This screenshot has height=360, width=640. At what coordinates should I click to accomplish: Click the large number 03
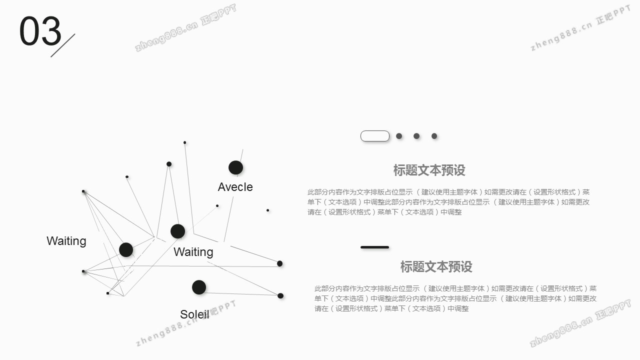point(40,31)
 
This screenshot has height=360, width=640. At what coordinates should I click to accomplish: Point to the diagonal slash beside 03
point(63,45)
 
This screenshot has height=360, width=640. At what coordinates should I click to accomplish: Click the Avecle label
point(235,187)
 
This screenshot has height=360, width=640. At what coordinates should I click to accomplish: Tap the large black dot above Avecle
point(235,167)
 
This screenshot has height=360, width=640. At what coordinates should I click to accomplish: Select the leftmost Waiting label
point(66,241)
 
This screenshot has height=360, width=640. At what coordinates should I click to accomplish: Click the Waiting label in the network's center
point(193,252)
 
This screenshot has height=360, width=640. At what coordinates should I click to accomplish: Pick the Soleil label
point(194,314)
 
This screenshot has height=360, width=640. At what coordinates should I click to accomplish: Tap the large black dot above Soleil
point(199,287)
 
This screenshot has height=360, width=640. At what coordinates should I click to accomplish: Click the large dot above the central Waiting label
point(177,231)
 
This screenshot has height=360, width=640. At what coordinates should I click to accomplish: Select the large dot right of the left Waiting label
point(126,249)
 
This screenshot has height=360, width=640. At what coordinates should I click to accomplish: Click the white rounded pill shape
point(375,136)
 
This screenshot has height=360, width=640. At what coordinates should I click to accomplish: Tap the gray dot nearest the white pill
point(399,136)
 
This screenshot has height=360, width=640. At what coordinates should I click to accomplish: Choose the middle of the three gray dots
point(416,136)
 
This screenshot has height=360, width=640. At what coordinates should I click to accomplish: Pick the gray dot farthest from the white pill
point(434,136)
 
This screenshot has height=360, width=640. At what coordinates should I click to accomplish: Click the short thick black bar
point(374,247)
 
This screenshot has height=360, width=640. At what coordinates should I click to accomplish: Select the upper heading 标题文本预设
point(429,170)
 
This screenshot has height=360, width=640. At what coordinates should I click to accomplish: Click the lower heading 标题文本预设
point(436,267)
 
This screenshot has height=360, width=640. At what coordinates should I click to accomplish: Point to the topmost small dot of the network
point(185,142)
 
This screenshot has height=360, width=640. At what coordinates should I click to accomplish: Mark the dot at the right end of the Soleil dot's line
point(280,295)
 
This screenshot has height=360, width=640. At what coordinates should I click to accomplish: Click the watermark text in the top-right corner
point(580,28)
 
